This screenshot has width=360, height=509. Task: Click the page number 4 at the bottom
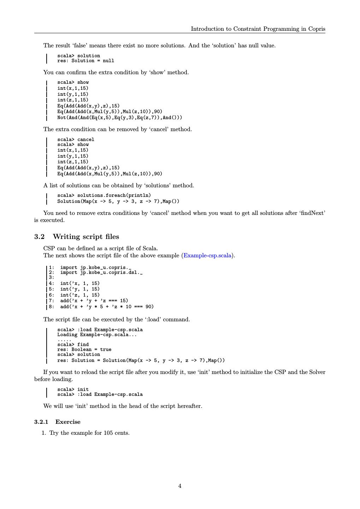[x=180, y=486]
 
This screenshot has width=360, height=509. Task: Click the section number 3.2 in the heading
[x=39, y=237]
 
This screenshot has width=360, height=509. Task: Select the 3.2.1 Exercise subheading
[x=57, y=422]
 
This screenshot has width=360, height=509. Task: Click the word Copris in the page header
[x=317, y=29]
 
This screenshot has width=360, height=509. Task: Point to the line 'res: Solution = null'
[x=85, y=61]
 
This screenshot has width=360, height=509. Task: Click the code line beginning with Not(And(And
[x=120, y=117]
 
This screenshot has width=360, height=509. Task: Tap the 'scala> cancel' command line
[x=76, y=139]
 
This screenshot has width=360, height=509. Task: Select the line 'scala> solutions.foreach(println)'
[x=104, y=195]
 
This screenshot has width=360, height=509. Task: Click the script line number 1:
[x=52, y=268]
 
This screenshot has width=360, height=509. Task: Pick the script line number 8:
[x=52, y=307]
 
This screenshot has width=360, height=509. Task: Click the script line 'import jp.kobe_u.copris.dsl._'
[x=101, y=273]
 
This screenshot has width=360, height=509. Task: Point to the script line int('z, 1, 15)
[x=80, y=295]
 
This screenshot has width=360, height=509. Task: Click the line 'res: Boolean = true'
[x=84, y=350]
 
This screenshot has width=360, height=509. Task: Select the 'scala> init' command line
[x=73, y=390]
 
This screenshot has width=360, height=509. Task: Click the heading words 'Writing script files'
[x=86, y=237]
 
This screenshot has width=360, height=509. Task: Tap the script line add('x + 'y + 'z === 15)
[x=94, y=301]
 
